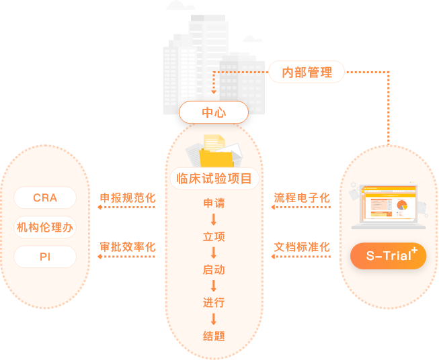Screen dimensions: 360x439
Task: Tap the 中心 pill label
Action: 214,113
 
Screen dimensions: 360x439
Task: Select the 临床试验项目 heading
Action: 214,179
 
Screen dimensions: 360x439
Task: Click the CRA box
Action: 45,198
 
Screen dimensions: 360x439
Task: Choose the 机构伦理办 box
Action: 45,227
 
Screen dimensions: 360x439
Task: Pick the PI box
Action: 45,257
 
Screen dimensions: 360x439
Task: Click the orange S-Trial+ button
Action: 388,256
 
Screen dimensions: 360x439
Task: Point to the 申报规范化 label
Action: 128,198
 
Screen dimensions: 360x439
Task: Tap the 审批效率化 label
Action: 128,246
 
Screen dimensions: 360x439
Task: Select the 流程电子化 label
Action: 302,198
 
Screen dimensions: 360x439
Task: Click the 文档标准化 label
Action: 302,246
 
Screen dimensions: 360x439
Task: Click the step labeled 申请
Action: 214,203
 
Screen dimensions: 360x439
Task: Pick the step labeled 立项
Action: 214,236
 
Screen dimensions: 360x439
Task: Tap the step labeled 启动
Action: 214,270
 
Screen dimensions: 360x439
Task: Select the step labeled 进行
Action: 214,303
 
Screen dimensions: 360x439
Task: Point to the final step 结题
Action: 214,336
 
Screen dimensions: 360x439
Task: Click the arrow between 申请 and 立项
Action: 214,220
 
